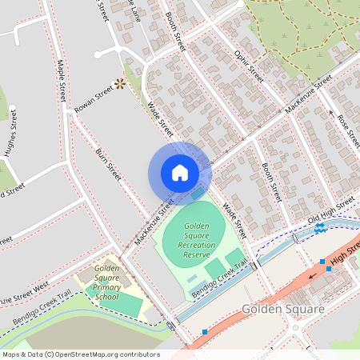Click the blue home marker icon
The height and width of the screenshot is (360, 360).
click(x=180, y=173)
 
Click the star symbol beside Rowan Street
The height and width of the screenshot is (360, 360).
click(x=120, y=83)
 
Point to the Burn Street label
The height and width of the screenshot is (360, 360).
click(x=108, y=163)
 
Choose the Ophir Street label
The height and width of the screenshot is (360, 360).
click(x=250, y=65)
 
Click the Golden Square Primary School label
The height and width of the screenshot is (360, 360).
click(x=106, y=282)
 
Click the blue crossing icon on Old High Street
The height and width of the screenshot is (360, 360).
click(x=319, y=227)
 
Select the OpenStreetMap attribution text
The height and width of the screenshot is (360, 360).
click(x=80, y=354)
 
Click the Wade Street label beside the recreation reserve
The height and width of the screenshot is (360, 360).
click(x=233, y=218)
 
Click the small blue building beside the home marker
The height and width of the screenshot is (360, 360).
click(x=198, y=194)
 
